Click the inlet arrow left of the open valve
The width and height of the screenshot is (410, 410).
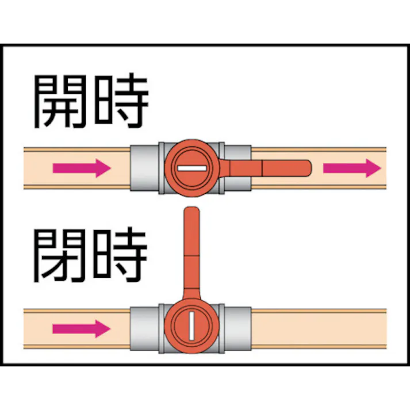click(81, 168)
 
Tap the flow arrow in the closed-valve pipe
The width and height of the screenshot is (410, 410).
click(81, 329)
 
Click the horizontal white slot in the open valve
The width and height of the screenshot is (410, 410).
click(190, 168)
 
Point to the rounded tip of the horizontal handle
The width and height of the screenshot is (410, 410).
click(306, 168)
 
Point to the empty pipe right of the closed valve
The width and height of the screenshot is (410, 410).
click(319, 328)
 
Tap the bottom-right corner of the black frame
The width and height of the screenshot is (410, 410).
click(405, 365)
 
